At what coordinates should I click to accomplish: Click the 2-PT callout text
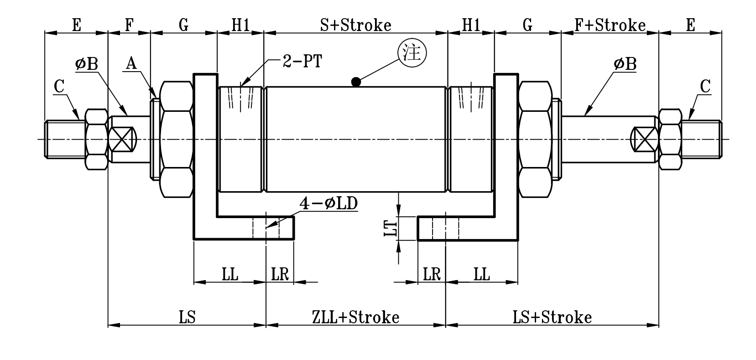click(302, 62)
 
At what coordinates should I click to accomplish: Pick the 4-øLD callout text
click(328, 204)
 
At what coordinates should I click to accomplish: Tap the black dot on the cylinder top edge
click(356, 82)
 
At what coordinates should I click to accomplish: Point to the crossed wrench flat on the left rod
click(123, 140)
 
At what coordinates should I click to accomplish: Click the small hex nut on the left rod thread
click(96, 140)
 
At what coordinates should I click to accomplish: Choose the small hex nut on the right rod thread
click(670, 140)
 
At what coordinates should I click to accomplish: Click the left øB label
click(87, 64)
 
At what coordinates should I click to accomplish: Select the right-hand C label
click(705, 86)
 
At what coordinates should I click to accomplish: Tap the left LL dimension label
click(230, 275)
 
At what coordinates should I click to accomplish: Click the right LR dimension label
click(431, 275)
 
